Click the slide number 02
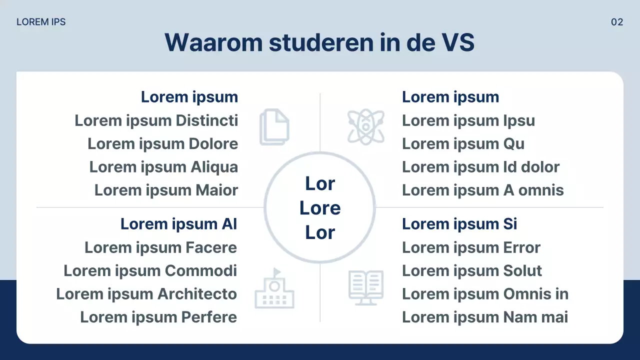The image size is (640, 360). point(617,22)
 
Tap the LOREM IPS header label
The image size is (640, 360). point(41,22)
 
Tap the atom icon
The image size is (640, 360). point(366,127)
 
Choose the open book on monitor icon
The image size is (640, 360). point(365,287)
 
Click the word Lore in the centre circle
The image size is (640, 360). point(320,208)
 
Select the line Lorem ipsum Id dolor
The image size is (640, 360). point(480,167)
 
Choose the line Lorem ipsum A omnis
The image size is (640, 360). point(482,190)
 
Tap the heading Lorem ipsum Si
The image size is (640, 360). point(459,224)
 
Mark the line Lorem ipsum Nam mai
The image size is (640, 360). point(484,317)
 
